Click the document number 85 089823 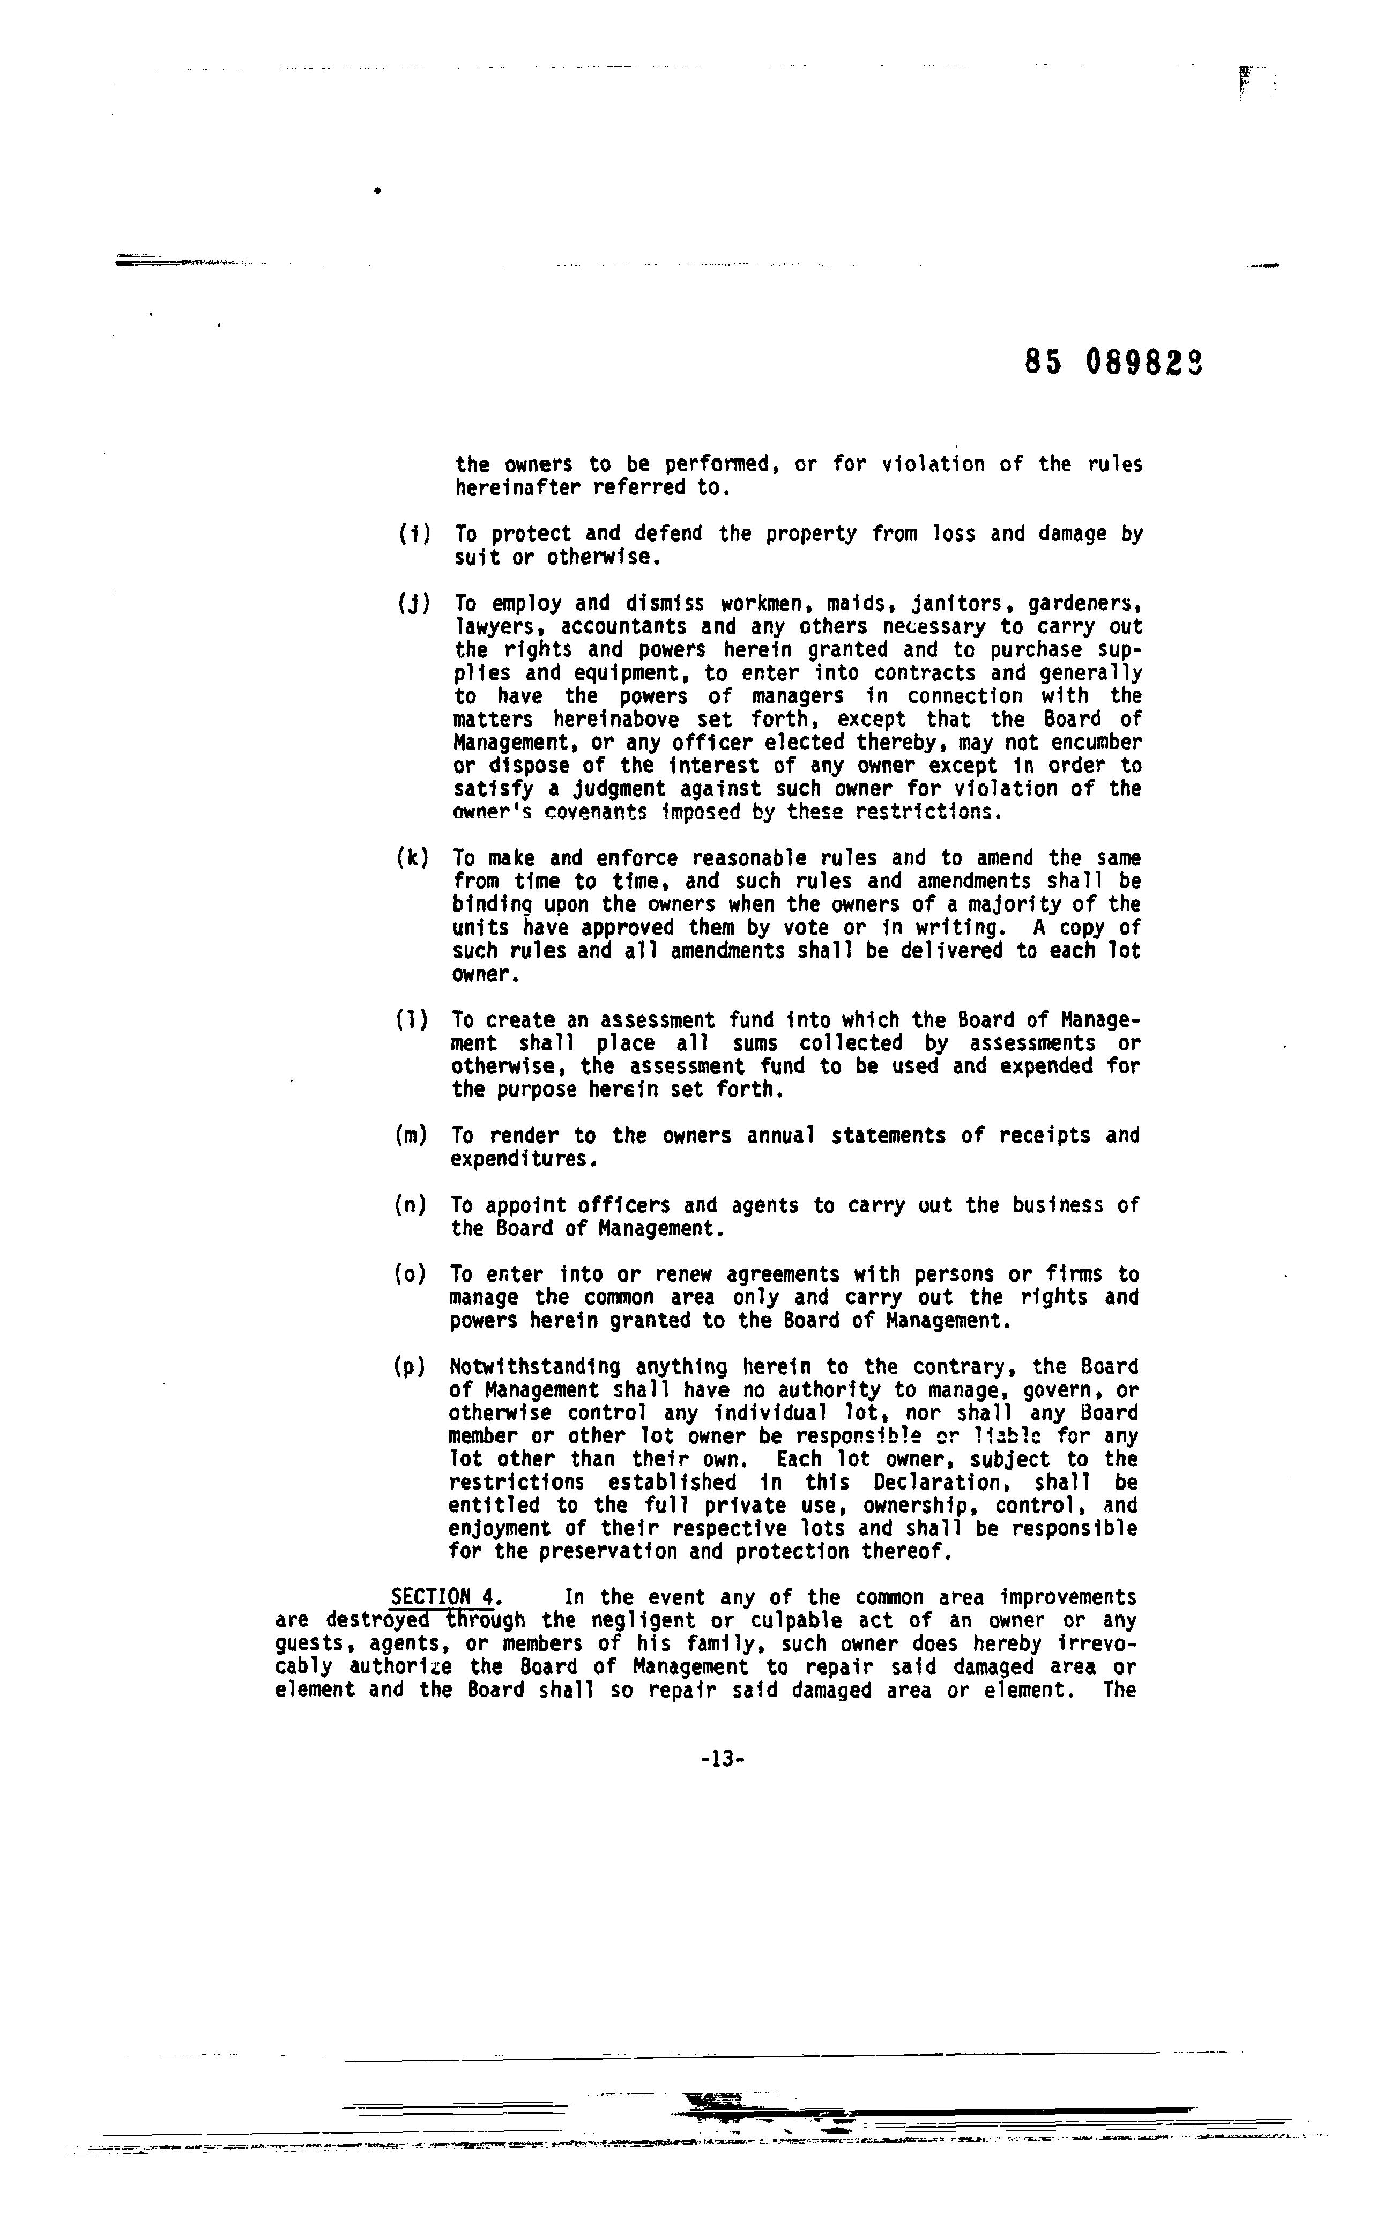[1113, 362]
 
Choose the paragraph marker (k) [412, 858]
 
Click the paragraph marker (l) [412, 1020]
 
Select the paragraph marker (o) [411, 1275]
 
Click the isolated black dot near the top [377, 191]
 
